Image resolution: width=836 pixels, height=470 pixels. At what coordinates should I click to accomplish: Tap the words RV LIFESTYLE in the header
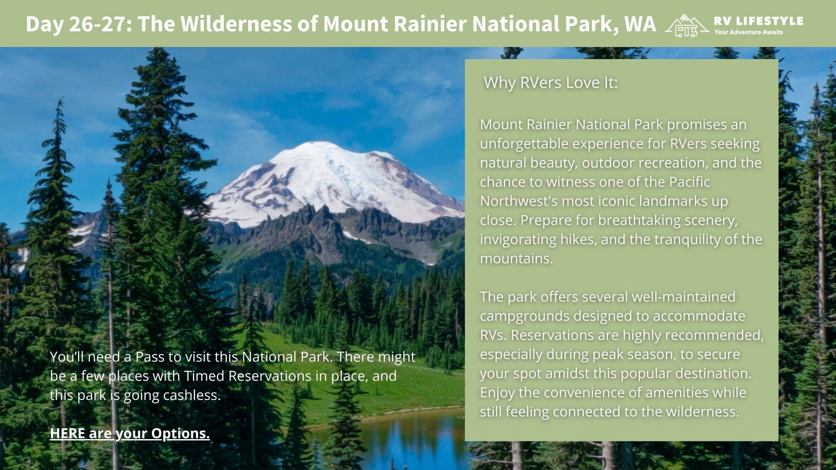(x=758, y=21)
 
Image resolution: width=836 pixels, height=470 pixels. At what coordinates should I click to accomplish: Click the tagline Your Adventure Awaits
(x=748, y=32)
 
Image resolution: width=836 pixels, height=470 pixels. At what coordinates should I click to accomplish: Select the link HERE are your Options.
(x=130, y=433)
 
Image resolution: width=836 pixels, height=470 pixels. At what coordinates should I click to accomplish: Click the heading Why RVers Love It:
(x=550, y=82)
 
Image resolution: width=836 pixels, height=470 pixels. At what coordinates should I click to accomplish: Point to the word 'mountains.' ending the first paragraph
(x=516, y=258)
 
